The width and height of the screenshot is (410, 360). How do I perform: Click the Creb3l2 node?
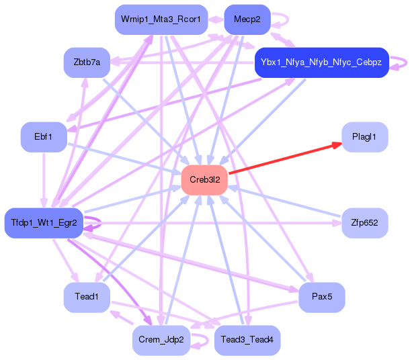tap(204, 180)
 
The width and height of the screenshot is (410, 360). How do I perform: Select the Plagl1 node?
tap(365, 137)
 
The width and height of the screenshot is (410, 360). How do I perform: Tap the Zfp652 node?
tap(365, 223)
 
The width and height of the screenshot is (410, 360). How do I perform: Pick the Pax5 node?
tap(322, 298)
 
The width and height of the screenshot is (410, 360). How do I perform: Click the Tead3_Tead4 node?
tap(247, 340)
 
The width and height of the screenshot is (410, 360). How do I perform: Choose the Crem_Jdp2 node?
tap(161, 340)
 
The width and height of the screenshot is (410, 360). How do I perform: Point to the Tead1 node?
tap(87, 298)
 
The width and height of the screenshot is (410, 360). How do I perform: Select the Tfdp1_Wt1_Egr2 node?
tap(44, 223)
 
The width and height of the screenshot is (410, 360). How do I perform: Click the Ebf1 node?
tap(44, 137)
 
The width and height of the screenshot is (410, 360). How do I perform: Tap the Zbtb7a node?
tap(87, 62)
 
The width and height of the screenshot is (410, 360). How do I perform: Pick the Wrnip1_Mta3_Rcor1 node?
tap(161, 19)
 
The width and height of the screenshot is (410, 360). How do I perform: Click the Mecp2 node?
tap(247, 19)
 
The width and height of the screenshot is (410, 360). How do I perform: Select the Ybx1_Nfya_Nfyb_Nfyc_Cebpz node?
tap(322, 62)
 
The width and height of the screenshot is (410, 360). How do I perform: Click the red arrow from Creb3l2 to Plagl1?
tap(285, 159)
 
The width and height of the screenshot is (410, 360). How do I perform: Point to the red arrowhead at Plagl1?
tap(337, 144)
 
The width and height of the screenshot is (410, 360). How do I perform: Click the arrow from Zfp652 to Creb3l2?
tap(284, 201)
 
